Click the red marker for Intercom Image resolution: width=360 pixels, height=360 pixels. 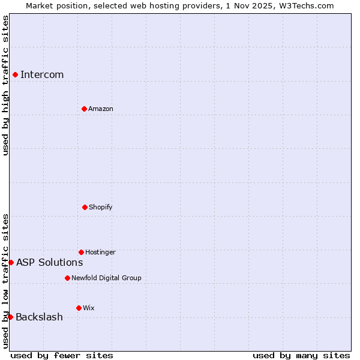pyautogui.click(x=15, y=74)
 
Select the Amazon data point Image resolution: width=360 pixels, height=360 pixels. pyautogui.click(x=84, y=109)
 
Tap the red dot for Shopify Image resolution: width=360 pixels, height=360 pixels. pyautogui.click(x=85, y=207)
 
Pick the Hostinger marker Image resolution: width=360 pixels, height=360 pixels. pyautogui.click(x=81, y=252)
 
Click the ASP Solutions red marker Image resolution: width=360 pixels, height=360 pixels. pyautogui.click(x=11, y=262)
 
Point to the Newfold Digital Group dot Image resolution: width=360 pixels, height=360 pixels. pyautogui.click(x=67, y=278)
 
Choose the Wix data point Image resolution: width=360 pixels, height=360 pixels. pyautogui.click(x=79, y=308)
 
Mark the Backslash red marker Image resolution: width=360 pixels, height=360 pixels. pyautogui.click(x=10, y=317)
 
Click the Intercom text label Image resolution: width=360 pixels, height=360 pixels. pyautogui.click(x=42, y=74)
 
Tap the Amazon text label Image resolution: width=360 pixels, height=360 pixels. pyautogui.click(x=101, y=109)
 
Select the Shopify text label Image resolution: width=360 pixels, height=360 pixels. pyautogui.click(x=101, y=207)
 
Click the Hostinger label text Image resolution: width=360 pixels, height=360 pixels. pyautogui.click(x=100, y=252)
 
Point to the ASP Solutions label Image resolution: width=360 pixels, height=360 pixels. pyautogui.click(x=50, y=262)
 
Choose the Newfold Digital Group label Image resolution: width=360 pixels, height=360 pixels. pyautogui.click(x=106, y=278)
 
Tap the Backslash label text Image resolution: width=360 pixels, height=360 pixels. pyautogui.click(x=39, y=317)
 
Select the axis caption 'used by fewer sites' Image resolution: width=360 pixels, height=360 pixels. pyautogui.click(x=62, y=355)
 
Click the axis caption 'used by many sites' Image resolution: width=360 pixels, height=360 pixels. pyautogui.click(x=301, y=355)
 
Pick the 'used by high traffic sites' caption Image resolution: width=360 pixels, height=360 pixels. pyautogui.click(x=5, y=85)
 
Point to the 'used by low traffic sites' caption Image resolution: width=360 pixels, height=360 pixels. pyautogui.click(x=5, y=281)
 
